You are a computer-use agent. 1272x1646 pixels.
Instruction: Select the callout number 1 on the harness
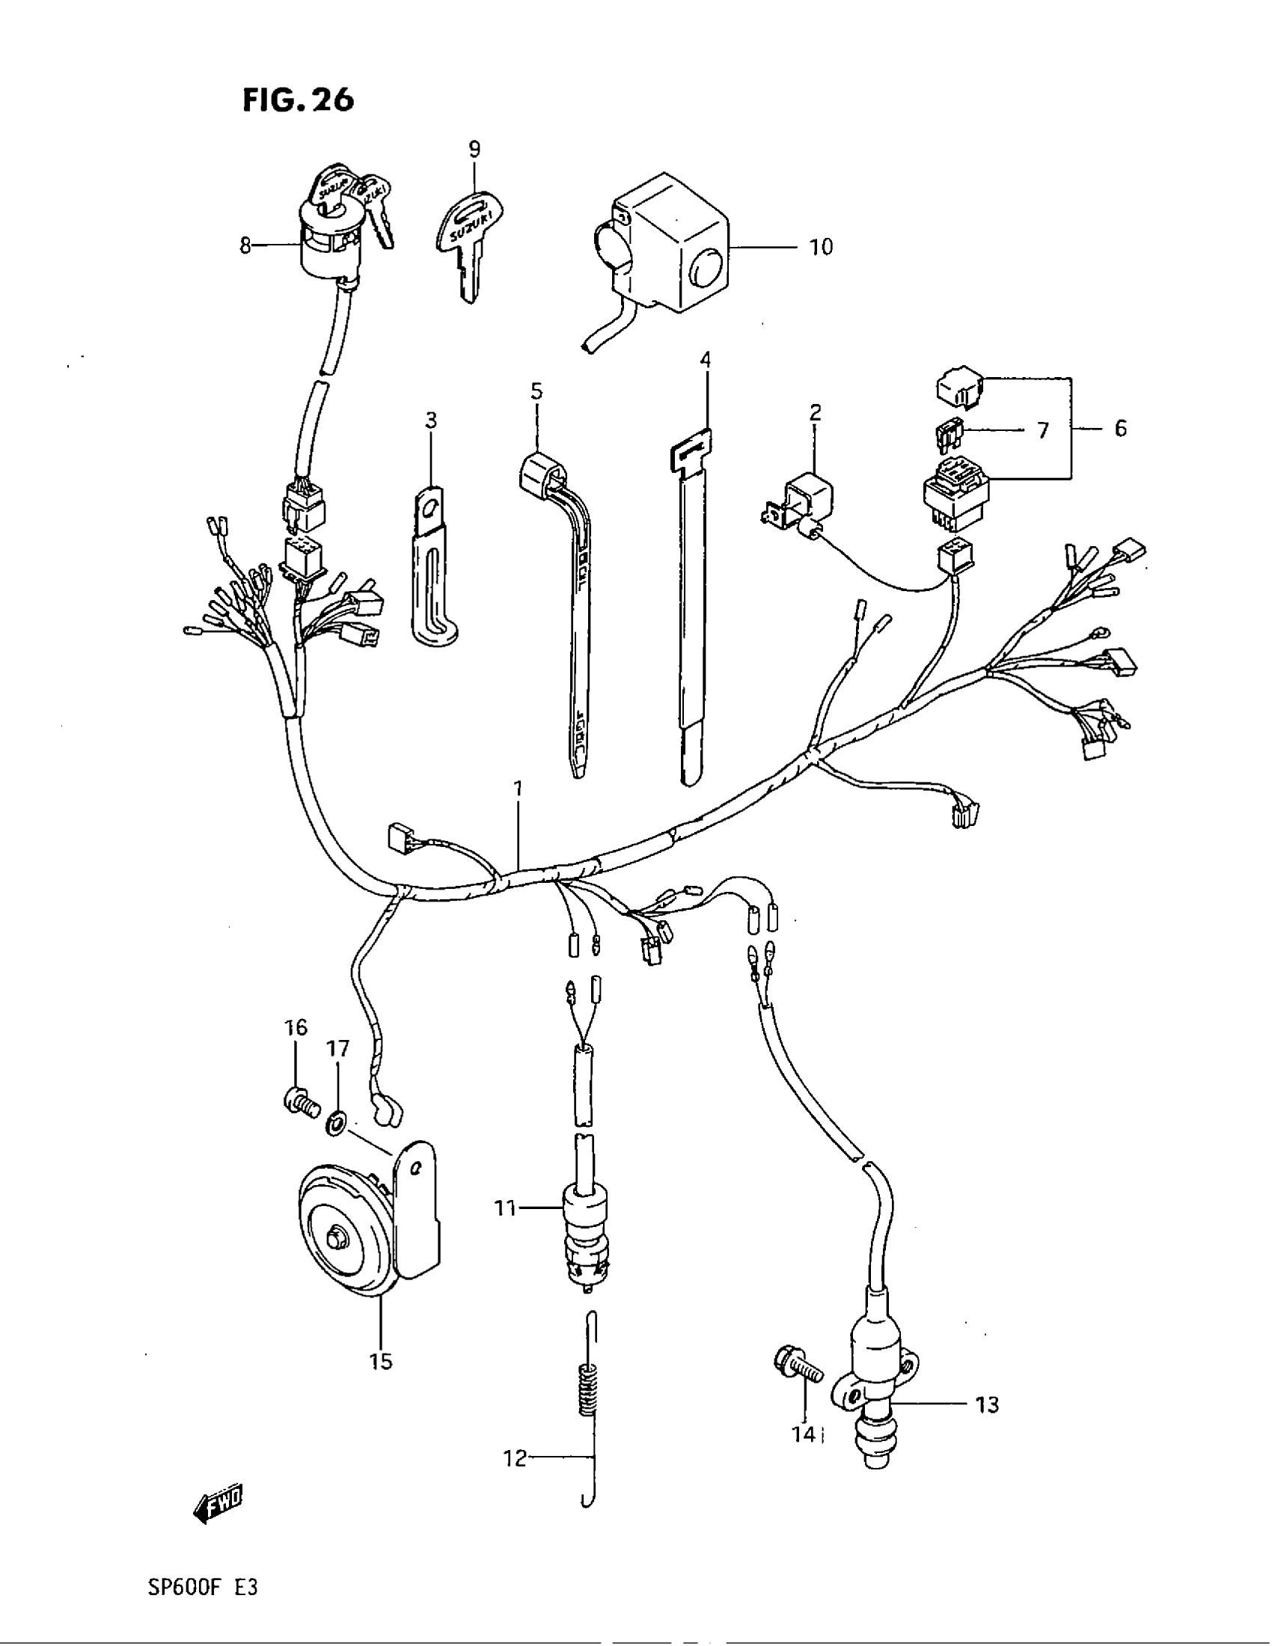click(518, 789)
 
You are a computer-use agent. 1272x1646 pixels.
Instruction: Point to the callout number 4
click(705, 358)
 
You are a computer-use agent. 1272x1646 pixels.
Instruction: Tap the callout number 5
click(536, 391)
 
